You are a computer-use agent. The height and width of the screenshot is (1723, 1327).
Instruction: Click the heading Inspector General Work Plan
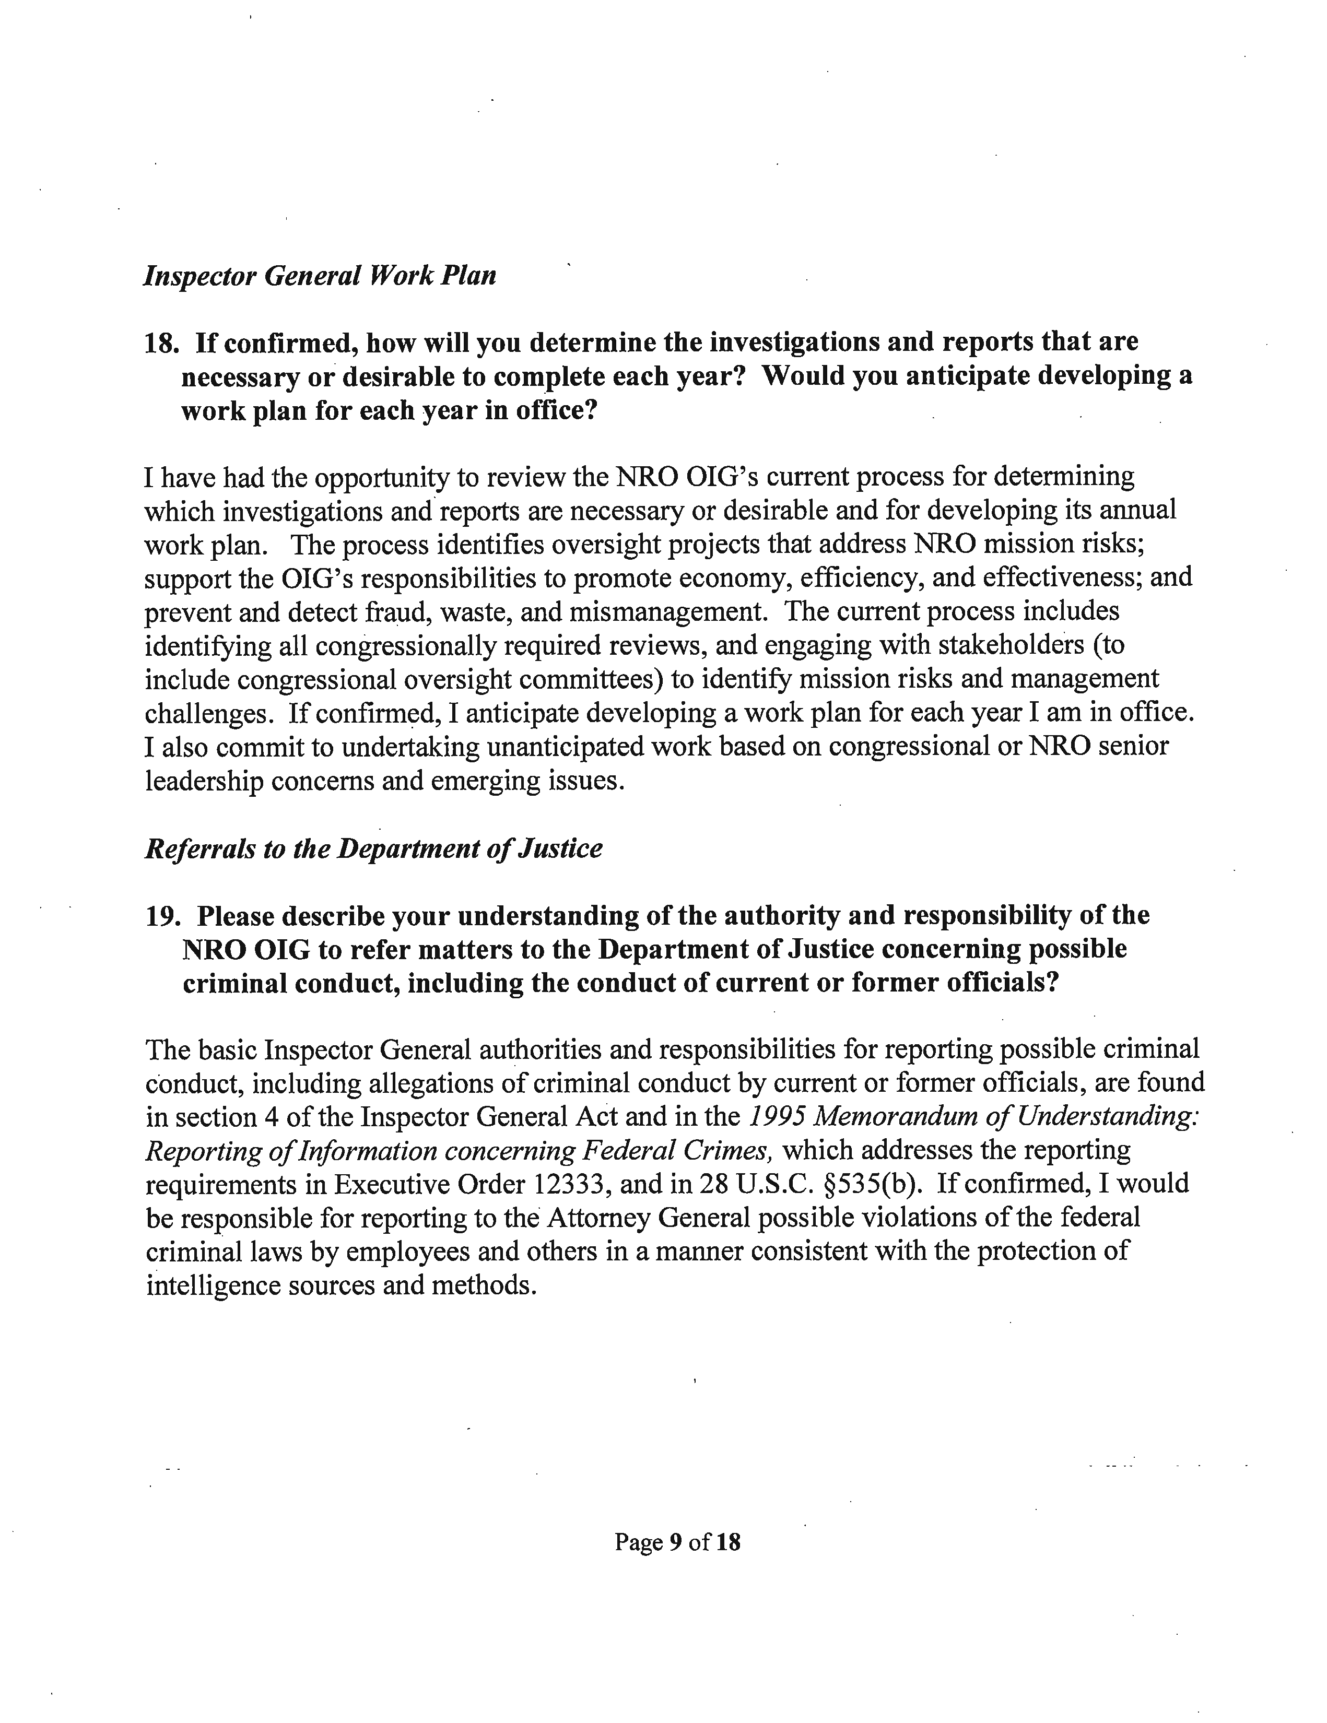click(320, 275)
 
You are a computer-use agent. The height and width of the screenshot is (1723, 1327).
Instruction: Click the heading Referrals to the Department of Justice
click(374, 848)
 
